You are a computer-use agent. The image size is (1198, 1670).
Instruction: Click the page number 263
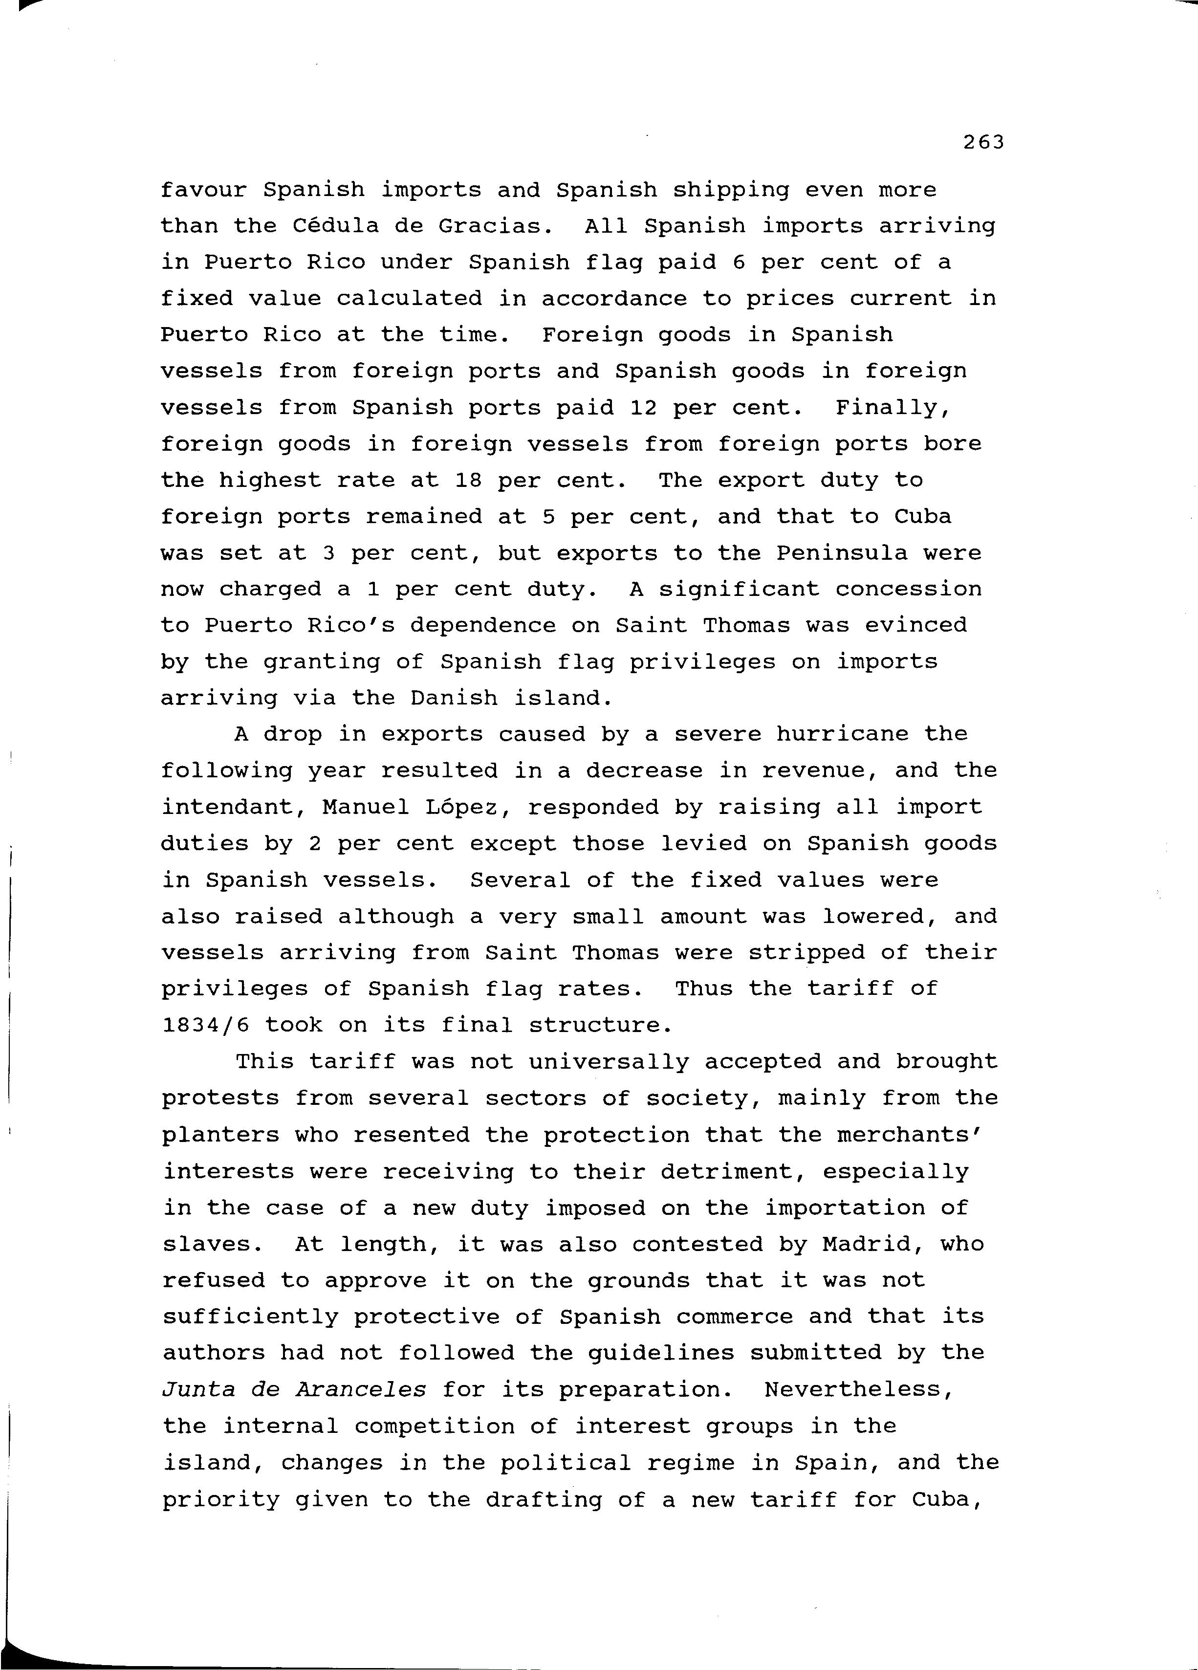(x=983, y=143)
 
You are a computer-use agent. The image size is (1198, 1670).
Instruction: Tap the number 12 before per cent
(x=644, y=407)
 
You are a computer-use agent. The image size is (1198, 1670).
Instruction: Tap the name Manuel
(x=366, y=807)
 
